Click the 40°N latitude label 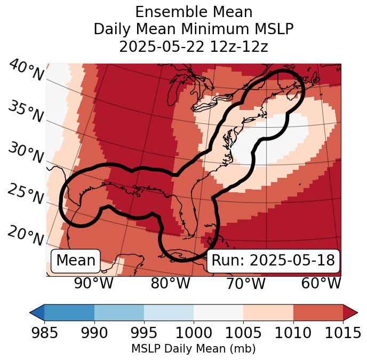(26, 71)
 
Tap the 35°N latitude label (26, 112)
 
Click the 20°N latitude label (26, 235)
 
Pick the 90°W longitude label (93, 284)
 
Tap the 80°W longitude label (170, 284)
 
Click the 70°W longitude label (245, 284)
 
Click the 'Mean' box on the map (76, 261)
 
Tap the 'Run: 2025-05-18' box (273, 261)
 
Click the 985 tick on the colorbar (44, 333)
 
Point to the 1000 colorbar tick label (194, 333)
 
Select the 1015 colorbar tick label (343, 333)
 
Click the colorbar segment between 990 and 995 (119, 312)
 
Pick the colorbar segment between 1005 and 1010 (268, 312)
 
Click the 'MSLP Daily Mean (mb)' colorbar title (193, 349)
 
